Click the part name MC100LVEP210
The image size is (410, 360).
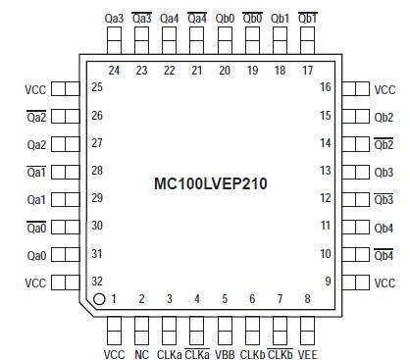tap(211, 183)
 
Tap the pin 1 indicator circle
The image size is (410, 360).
tap(100, 300)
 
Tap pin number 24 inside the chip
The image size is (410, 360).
tap(114, 71)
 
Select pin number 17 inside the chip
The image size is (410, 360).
tap(308, 71)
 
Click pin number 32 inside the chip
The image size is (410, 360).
tap(97, 282)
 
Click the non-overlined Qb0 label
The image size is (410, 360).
tap(225, 18)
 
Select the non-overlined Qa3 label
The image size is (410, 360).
tap(114, 18)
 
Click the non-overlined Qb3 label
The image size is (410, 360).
tap(384, 171)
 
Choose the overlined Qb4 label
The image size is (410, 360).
tap(384, 254)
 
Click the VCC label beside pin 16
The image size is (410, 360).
tap(384, 88)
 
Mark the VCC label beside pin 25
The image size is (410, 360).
tap(35, 88)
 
